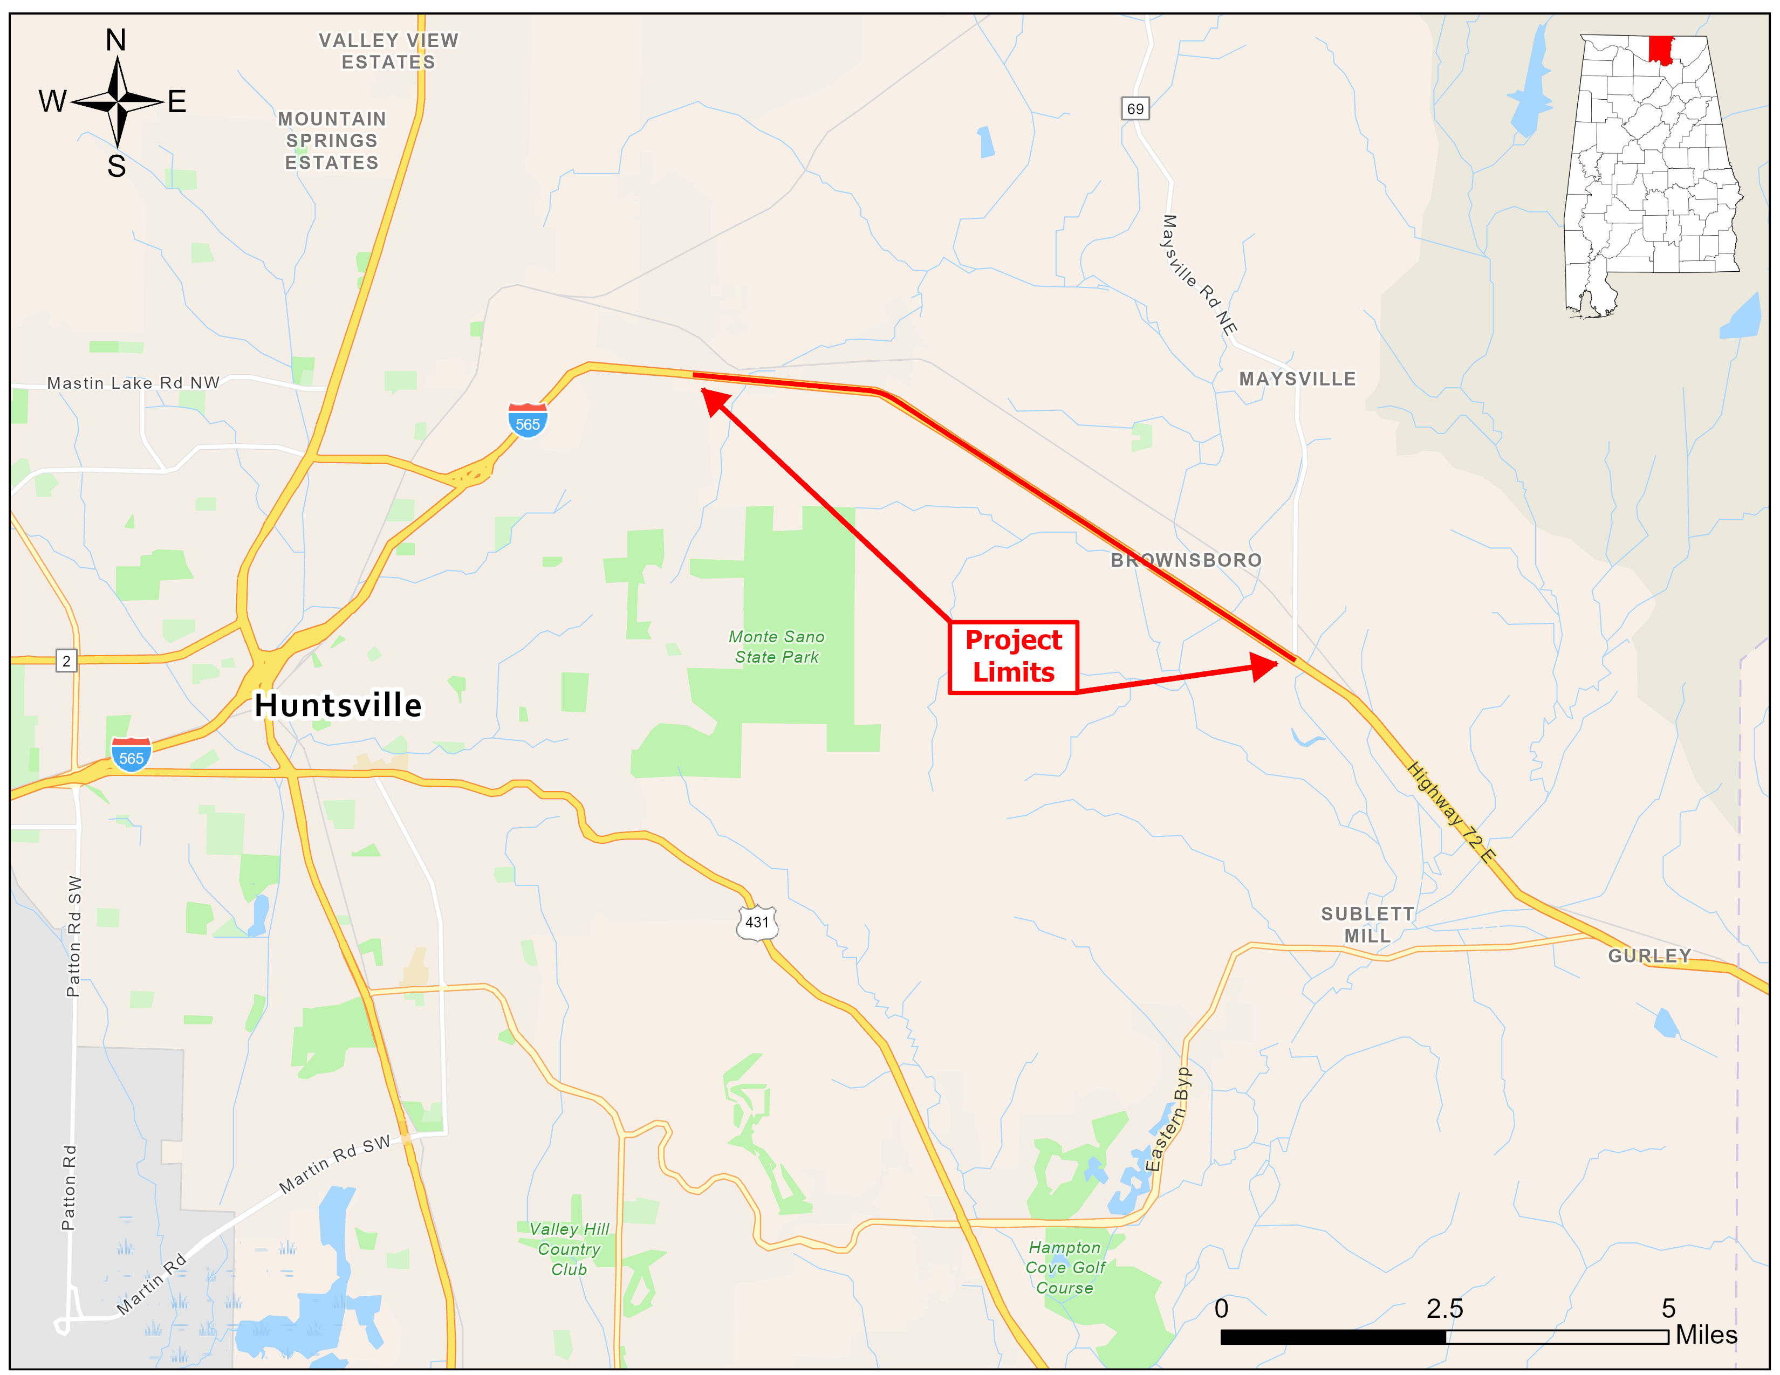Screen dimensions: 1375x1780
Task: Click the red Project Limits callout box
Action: (x=1013, y=657)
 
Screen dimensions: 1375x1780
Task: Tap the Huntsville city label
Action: (x=338, y=705)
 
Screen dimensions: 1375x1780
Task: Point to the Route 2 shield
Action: (x=66, y=661)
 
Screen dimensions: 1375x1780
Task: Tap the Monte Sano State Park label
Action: (x=776, y=647)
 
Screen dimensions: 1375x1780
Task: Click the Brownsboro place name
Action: (x=1186, y=560)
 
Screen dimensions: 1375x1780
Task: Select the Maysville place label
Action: (x=1297, y=379)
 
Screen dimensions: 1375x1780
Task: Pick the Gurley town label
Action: (x=1649, y=955)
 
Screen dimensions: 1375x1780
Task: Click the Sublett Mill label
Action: (x=1367, y=925)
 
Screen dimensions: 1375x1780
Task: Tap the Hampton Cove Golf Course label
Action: (x=1064, y=1268)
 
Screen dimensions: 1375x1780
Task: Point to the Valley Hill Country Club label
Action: (x=569, y=1249)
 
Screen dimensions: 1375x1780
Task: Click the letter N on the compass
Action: (x=116, y=40)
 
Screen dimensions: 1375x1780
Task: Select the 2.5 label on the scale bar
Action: (x=1444, y=1308)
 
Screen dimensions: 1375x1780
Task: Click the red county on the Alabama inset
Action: (x=1660, y=49)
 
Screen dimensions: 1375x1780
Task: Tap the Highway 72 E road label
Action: (x=1452, y=812)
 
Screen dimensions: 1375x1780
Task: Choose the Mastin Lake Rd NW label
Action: (x=133, y=383)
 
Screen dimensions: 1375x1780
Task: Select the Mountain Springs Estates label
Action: (x=332, y=141)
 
